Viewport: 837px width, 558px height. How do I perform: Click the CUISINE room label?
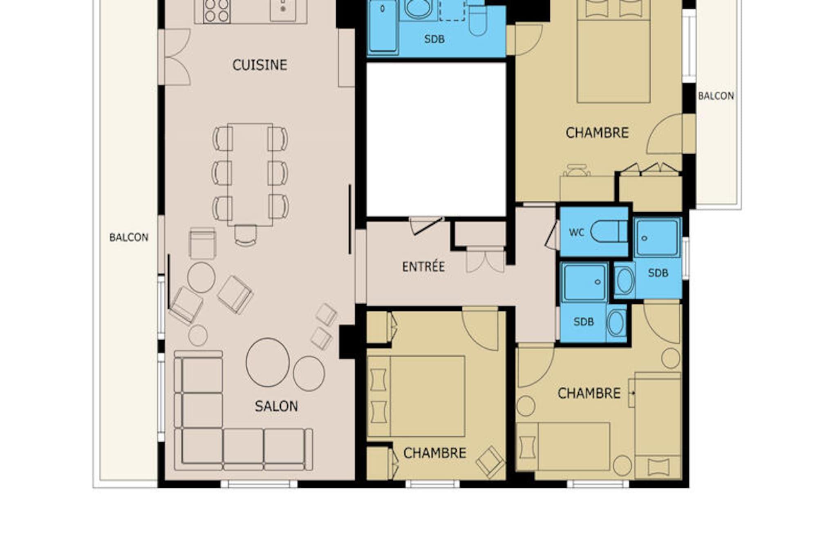pos(260,65)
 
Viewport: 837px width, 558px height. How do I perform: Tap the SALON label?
pos(276,406)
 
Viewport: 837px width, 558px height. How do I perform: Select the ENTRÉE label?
pos(423,267)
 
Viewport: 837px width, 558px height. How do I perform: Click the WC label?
pos(577,233)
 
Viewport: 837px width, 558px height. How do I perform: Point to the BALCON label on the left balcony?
pos(129,238)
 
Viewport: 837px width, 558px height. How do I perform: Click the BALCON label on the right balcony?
pos(716,96)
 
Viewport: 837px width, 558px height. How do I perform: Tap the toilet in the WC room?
pos(609,231)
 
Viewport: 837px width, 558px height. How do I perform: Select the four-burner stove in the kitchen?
pos(217,10)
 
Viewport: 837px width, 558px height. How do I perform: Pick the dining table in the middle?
pos(250,175)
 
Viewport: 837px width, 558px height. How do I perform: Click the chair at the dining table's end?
pos(246,236)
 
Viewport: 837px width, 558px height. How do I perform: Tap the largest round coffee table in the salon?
pos(268,362)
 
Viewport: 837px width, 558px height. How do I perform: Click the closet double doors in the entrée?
pos(486,260)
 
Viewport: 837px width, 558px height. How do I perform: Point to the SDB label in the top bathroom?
pos(434,39)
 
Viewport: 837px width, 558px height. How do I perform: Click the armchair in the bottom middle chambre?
pos(490,462)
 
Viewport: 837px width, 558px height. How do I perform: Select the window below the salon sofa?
pos(259,484)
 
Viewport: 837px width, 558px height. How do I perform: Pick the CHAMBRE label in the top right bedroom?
pos(597,133)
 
